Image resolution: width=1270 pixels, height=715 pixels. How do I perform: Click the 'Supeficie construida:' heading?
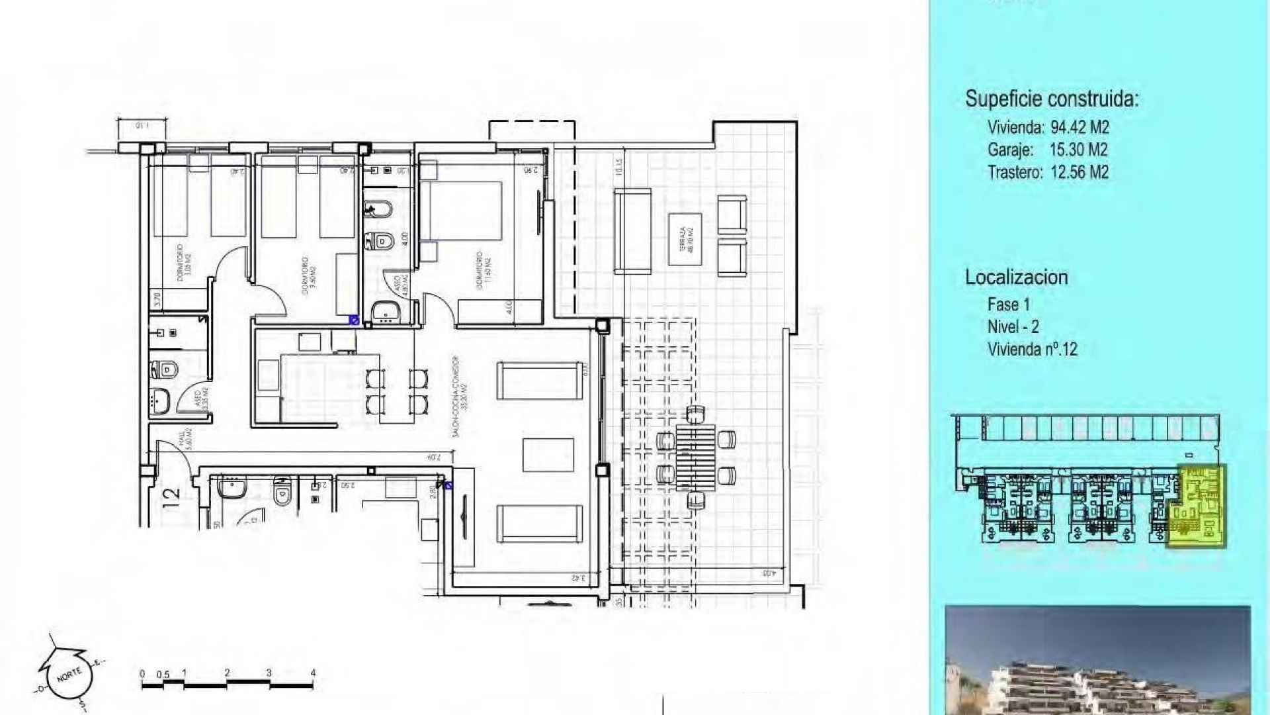(x=1052, y=99)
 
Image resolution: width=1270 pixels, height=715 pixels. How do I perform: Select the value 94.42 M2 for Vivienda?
(x=1079, y=127)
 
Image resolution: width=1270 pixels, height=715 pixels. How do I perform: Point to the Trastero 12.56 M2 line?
(x=1048, y=172)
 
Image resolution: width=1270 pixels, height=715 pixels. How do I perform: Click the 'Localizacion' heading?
(x=1016, y=277)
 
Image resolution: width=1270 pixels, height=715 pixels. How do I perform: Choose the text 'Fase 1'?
(x=1008, y=305)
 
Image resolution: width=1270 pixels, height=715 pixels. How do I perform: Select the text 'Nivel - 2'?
(x=1013, y=326)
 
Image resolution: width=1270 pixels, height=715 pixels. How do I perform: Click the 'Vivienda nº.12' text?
(x=1032, y=349)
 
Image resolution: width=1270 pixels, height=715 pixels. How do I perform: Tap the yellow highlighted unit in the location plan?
(x=1196, y=506)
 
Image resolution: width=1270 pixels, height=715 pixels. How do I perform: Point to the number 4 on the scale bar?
(x=313, y=673)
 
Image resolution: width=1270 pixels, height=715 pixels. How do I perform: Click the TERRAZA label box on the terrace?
(x=685, y=239)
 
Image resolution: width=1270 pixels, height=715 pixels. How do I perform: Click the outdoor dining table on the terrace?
(x=695, y=457)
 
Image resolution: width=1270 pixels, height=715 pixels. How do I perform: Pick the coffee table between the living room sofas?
(x=548, y=455)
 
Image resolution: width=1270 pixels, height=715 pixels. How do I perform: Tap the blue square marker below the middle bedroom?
(x=354, y=320)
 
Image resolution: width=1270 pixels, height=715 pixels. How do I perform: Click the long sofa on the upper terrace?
(x=632, y=231)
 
